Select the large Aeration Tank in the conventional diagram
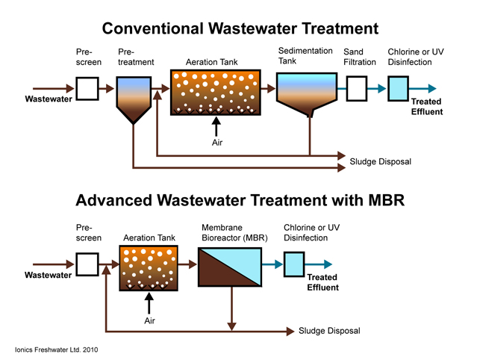pyautogui.click(x=216, y=93)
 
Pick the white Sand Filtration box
pyautogui.click(x=357, y=89)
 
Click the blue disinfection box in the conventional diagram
pyautogui.click(x=398, y=89)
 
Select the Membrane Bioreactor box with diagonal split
pyautogui.click(x=230, y=267)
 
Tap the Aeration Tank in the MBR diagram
pyautogui.click(x=149, y=268)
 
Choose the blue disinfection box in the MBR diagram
pyautogui.click(x=294, y=264)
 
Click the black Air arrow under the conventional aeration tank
pyautogui.click(x=216, y=126)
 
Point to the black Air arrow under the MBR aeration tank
pyautogui.click(x=149, y=303)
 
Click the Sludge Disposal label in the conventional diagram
pyautogui.click(x=380, y=161)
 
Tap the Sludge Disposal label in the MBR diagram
pyautogui.click(x=329, y=331)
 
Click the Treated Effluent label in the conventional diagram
pyautogui.click(x=427, y=107)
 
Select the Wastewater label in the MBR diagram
pyautogui.click(x=48, y=275)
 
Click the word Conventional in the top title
pyautogui.click(x=153, y=28)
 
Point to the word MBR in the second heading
pyautogui.click(x=387, y=201)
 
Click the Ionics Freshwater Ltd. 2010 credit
pyautogui.click(x=56, y=350)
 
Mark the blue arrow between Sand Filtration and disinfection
pyautogui.click(x=377, y=89)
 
